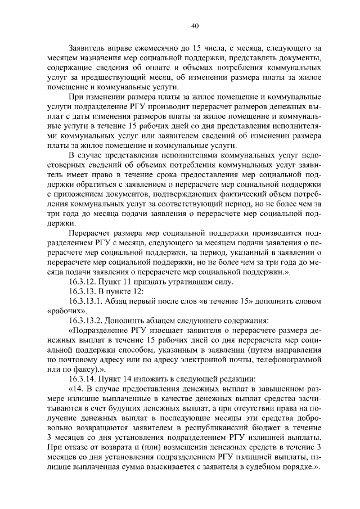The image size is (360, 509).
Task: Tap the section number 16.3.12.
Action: click(x=83, y=281)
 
